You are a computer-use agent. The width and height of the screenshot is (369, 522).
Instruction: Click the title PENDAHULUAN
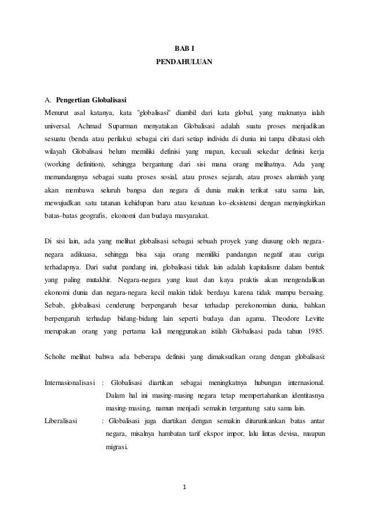[x=184, y=60]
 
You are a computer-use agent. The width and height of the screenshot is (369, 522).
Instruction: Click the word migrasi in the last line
[x=119, y=448]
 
